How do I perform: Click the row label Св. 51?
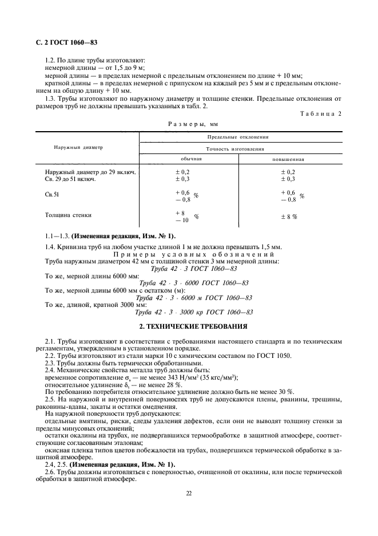click(x=52, y=195)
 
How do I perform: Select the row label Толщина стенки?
click(x=68, y=215)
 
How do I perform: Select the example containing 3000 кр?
click(x=192, y=312)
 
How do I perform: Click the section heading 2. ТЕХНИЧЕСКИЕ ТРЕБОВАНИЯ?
click(x=189, y=326)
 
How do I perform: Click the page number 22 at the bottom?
click(x=189, y=491)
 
